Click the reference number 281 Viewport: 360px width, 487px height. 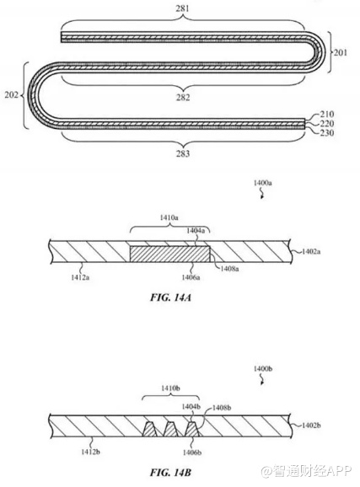(x=182, y=8)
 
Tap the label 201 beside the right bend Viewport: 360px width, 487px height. (x=341, y=52)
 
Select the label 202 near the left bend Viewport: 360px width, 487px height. (x=11, y=94)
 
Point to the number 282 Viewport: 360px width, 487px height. (x=183, y=97)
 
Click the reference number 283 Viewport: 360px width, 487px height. (x=183, y=153)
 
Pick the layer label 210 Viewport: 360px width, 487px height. (x=327, y=115)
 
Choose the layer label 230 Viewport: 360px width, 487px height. (x=327, y=133)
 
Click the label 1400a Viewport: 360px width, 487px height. (x=263, y=183)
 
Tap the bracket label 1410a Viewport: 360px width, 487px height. (x=169, y=217)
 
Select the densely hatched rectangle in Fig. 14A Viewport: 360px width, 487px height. (x=169, y=254)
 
